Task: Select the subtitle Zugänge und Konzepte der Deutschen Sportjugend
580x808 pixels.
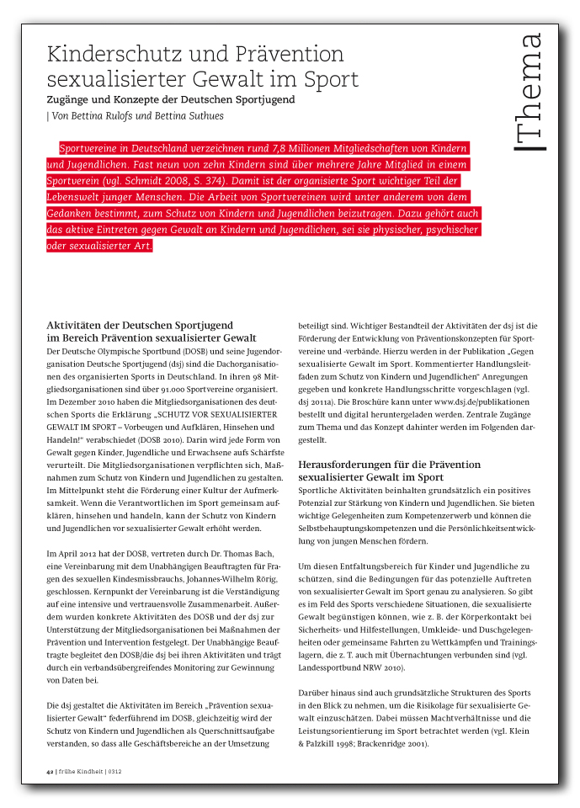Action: (170, 99)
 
